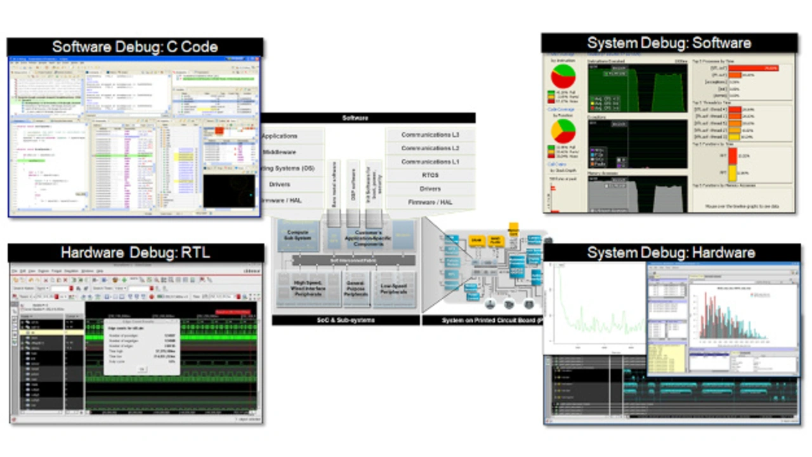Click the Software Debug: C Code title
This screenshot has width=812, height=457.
click(x=134, y=47)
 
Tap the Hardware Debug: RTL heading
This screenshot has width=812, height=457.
click(x=135, y=253)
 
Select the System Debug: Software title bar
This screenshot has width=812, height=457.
click(x=669, y=43)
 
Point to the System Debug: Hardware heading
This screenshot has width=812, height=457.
click(x=671, y=253)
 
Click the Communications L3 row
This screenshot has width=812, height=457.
click(x=430, y=135)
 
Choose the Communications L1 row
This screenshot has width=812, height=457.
click(x=430, y=162)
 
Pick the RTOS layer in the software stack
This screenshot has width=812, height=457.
click(x=430, y=176)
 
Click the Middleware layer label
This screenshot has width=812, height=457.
click(x=279, y=152)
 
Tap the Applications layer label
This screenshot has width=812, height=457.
click(x=280, y=136)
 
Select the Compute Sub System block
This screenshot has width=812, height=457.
click(x=298, y=235)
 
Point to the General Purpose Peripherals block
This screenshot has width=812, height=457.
click(x=355, y=288)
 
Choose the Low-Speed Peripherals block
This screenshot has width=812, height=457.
click(x=394, y=288)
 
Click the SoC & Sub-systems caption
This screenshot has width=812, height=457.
click(x=345, y=321)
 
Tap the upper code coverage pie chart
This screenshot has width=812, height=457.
click(x=563, y=77)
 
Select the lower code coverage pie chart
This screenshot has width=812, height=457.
click(x=563, y=131)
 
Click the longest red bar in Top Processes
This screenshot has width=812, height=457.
click(x=754, y=67)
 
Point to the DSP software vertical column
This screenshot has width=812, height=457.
click(x=353, y=184)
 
